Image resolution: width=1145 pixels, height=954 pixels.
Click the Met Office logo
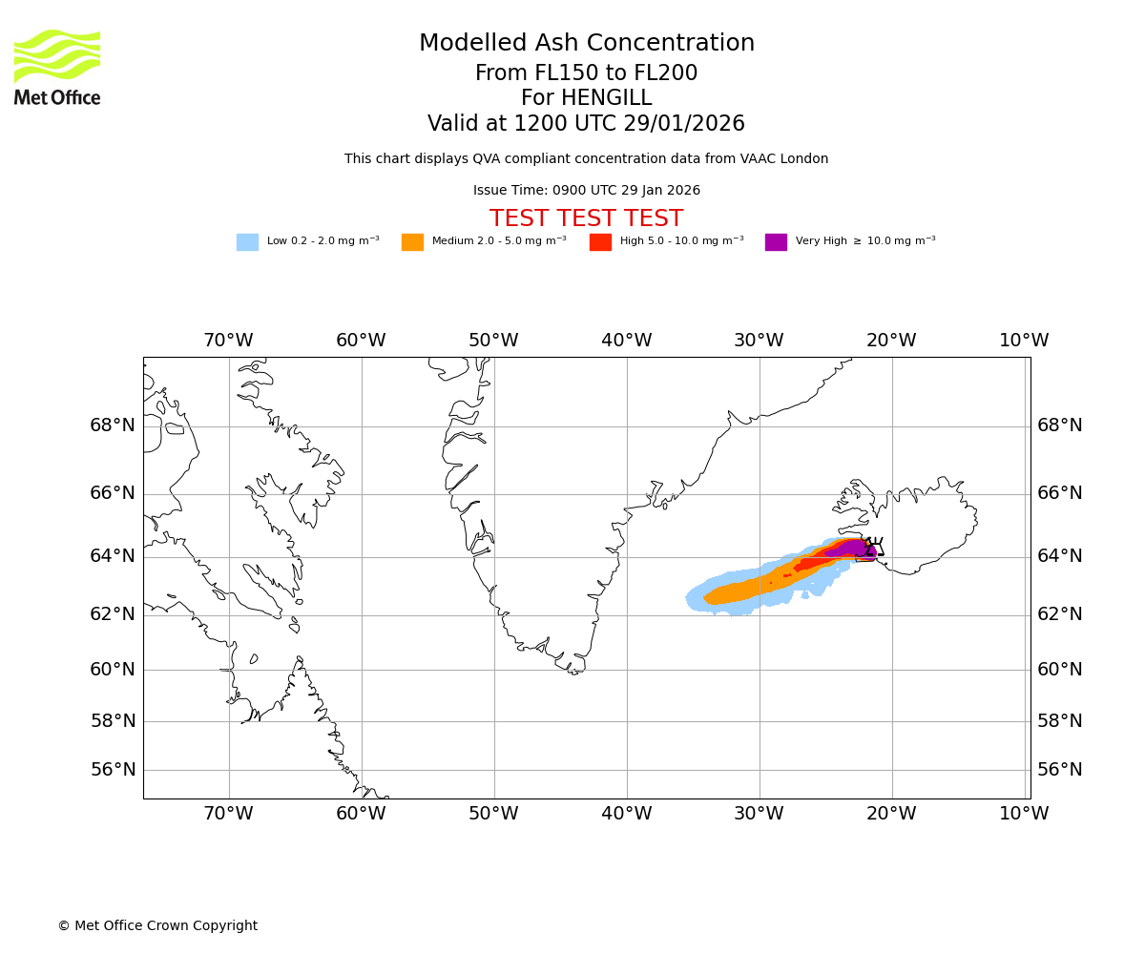[57, 67]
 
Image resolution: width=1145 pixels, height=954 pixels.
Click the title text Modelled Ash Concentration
[586, 44]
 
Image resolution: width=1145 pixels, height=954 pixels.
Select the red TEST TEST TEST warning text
[586, 218]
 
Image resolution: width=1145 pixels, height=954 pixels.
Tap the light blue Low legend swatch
[247, 242]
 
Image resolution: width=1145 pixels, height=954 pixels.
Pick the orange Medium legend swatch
[412, 242]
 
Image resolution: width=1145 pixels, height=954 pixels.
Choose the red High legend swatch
[600, 242]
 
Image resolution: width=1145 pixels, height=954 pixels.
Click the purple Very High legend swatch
[776, 242]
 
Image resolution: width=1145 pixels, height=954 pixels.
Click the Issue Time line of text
[586, 191]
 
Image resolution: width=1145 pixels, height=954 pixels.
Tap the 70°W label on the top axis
[228, 341]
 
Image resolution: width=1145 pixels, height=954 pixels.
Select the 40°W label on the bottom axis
[626, 814]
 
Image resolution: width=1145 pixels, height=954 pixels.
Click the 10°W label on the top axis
[1024, 341]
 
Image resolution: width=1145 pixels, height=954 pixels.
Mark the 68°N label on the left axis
[113, 425]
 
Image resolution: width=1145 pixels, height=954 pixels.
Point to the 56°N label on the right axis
[1059, 770]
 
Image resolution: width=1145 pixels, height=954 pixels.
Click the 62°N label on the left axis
[113, 614]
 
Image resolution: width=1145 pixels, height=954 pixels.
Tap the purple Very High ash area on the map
[848, 549]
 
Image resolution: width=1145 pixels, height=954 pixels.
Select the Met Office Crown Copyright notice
[157, 926]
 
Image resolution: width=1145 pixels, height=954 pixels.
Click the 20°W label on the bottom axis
[891, 814]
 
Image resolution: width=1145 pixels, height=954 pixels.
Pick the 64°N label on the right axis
[1059, 556]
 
